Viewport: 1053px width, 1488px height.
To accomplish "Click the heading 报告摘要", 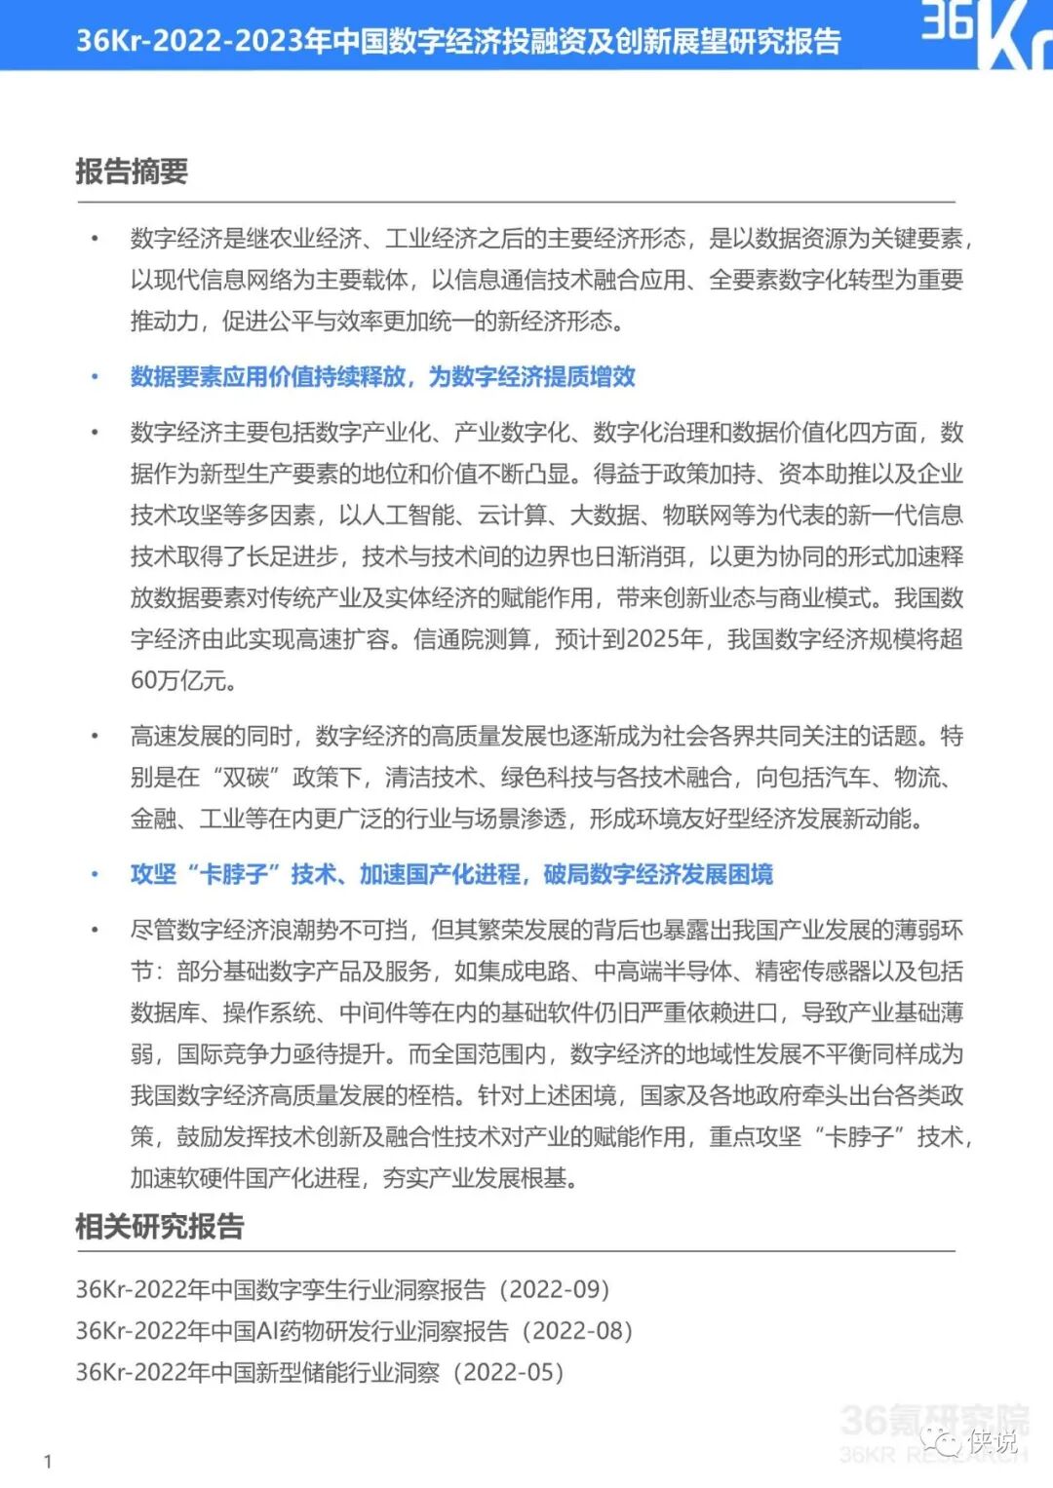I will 132,172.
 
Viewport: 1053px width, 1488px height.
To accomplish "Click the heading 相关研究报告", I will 159,1226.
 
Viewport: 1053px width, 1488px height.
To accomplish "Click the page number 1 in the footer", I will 48,1461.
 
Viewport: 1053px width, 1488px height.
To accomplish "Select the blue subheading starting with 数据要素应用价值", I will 382,377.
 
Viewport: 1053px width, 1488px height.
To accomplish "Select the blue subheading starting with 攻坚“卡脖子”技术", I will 451,874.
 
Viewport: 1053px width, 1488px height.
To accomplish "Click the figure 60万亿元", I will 183,680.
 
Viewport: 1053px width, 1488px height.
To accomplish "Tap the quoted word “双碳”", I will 246,778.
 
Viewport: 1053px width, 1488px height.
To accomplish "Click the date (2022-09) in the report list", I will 555,1289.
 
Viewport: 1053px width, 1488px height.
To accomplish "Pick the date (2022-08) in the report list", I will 578,1331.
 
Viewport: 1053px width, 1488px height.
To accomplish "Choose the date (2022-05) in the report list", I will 510,1372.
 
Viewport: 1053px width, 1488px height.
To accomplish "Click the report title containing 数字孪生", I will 281,1289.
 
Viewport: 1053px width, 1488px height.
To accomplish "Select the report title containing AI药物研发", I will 292,1331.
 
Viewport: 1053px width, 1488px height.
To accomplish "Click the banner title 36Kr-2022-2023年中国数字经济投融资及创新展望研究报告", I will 458,41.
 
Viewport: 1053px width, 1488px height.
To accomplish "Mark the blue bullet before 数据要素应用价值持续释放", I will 95,377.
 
